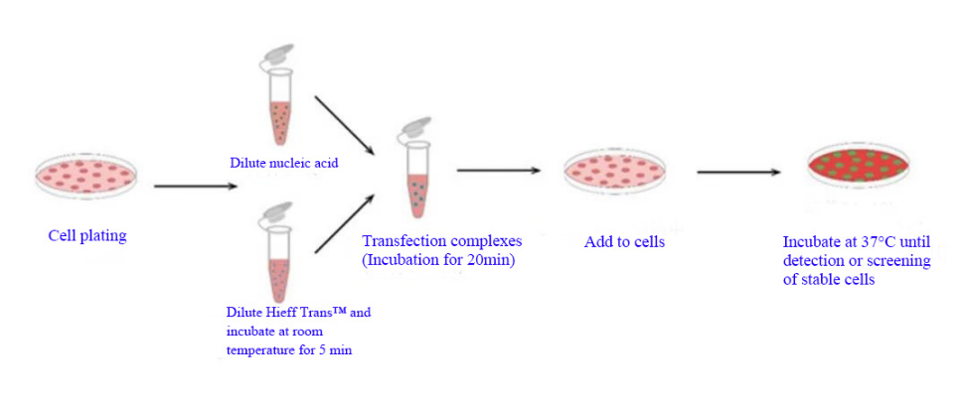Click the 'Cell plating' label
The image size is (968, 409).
pos(87,235)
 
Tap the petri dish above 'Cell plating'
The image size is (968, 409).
pos(85,175)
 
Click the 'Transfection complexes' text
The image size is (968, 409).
pos(442,240)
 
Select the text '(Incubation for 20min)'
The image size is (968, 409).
pos(437,259)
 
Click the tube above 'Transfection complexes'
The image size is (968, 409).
pos(417,169)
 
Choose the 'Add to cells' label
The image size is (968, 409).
pos(624,241)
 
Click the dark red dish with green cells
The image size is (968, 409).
pos(858,164)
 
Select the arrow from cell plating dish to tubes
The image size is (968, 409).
pos(195,186)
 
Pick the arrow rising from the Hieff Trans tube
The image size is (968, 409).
pos(345,222)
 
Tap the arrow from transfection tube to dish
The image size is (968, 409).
pos(499,170)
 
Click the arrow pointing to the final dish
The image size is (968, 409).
pos(739,172)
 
